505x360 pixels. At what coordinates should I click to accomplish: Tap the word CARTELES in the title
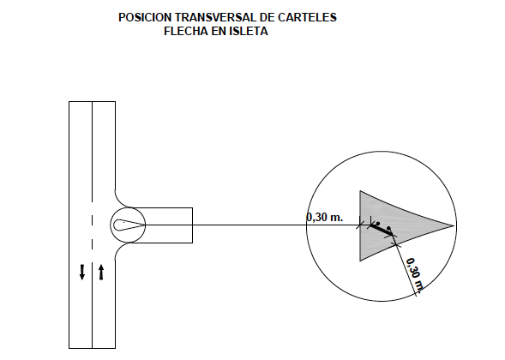[x=307, y=17]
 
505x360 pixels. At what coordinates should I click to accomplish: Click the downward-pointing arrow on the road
[x=82, y=272]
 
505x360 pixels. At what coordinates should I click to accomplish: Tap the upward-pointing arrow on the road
[x=101, y=272]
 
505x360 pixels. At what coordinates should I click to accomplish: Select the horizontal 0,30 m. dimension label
[x=325, y=218]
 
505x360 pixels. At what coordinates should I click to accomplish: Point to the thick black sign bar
[x=382, y=230]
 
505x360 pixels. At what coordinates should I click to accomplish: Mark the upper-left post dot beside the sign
[x=378, y=223]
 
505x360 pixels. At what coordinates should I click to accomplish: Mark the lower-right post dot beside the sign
[x=388, y=228]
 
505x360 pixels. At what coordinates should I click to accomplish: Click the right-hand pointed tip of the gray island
[x=454, y=225]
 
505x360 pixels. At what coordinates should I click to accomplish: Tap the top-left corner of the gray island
[x=360, y=191]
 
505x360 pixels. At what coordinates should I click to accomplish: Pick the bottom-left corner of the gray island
[x=360, y=261]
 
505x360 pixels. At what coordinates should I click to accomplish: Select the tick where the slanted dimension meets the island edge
[x=396, y=245]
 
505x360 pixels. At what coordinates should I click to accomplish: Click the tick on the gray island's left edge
[x=360, y=225]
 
